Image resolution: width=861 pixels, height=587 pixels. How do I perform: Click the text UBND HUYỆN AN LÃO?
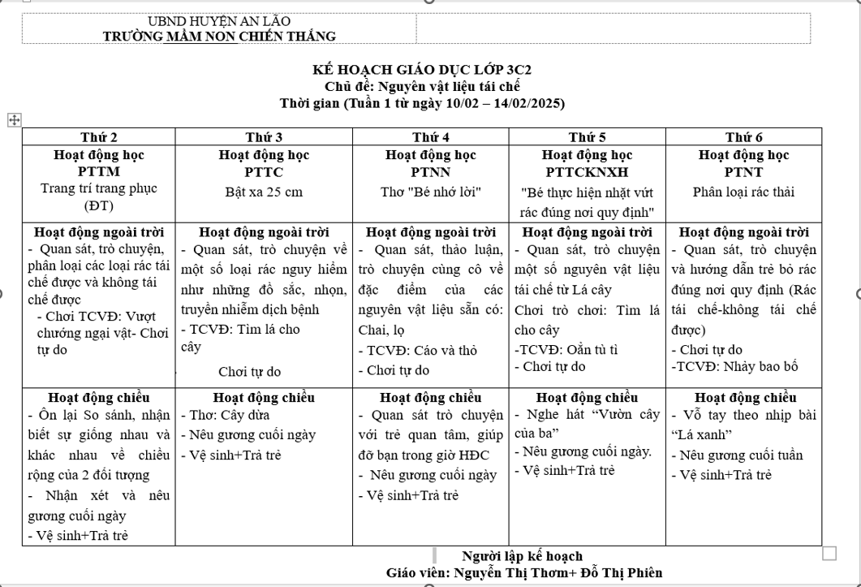(219, 21)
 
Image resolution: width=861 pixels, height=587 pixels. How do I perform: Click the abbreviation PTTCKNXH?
(587, 171)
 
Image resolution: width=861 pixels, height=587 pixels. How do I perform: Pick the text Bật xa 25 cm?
(264, 192)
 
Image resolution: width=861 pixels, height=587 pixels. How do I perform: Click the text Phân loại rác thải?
(743, 192)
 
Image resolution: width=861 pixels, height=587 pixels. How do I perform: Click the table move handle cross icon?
(13, 120)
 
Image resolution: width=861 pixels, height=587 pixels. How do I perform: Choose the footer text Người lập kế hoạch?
(522, 556)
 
